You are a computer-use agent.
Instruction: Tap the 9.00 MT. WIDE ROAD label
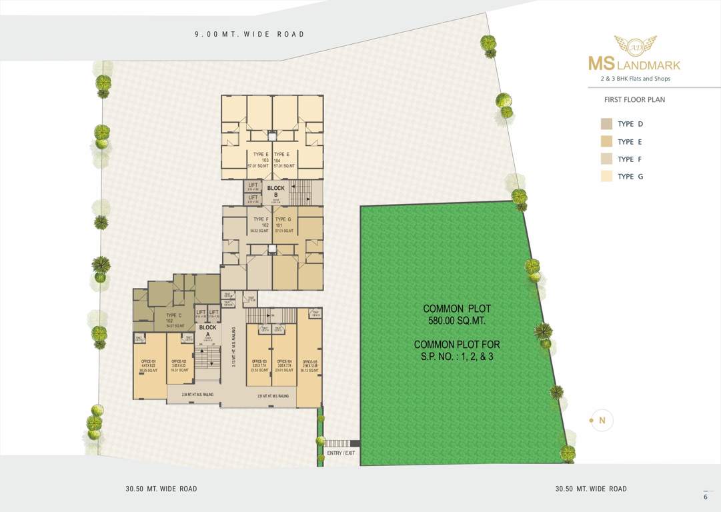(x=249, y=34)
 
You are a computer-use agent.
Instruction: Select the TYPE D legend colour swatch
(x=606, y=124)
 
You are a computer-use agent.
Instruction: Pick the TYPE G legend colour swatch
(x=606, y=177)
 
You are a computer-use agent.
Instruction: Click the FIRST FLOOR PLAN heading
(x=634, y=100)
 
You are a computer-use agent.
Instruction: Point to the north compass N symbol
(x=602, y=420)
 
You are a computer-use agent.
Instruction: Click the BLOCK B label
(x=276, y=191)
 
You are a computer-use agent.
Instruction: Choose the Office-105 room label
(x=309, y=365)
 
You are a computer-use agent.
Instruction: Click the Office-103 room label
(x=259, y=365)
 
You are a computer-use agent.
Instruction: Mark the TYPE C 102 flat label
(x=173, y=320)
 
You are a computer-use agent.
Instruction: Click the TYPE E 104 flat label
(x=281, y=159)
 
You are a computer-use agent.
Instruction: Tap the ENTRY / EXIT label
(x=341, y=453)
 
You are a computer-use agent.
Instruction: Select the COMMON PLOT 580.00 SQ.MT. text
(x=457, y=315)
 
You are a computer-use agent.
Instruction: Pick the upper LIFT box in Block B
(x=253, y=186)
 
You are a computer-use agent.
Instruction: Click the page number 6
(x=705, y=497)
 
